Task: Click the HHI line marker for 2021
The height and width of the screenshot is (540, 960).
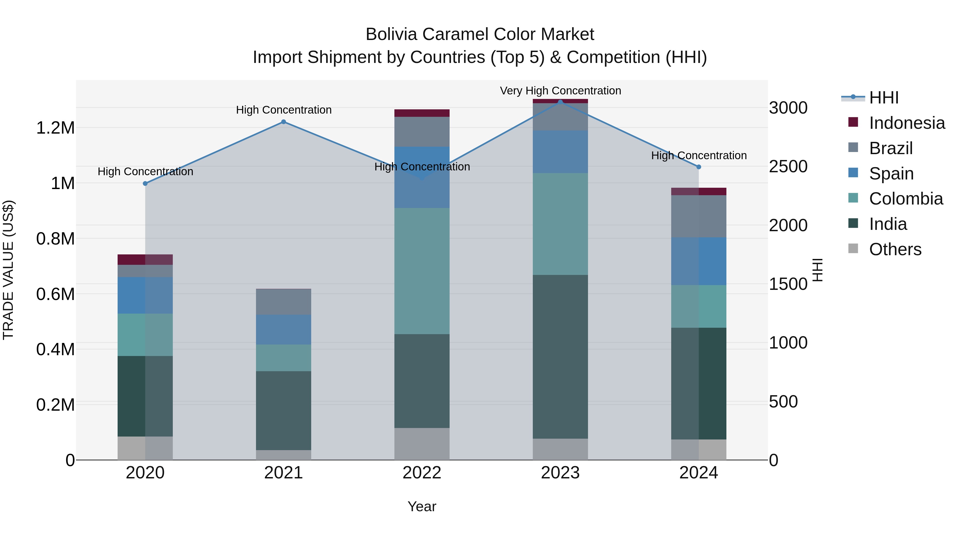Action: tap(283, 122)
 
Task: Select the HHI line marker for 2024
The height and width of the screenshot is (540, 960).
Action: tap(699, 167)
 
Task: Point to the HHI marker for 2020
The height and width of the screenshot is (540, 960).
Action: tap(145, 183)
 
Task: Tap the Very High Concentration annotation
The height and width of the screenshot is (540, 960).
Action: tap(560, 91)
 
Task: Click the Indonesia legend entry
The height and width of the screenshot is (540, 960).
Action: tap(907, 123)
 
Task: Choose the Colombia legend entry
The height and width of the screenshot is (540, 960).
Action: tap(906, 199)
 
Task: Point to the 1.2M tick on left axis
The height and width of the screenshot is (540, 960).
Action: tap(55, 128)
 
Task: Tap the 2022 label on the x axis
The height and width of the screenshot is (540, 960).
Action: tap(422, 473)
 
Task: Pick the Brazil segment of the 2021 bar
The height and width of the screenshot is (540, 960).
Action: tap(283, 302)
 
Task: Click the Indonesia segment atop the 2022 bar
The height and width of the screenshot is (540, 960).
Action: tap(422, 113)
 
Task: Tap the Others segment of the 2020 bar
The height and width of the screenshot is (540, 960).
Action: tap(145, 448)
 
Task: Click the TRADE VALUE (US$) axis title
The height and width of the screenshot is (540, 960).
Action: tap(8, 270)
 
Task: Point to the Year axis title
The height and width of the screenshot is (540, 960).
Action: tap(422, 506)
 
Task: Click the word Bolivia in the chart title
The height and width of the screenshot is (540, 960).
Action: tap(391, 34)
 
